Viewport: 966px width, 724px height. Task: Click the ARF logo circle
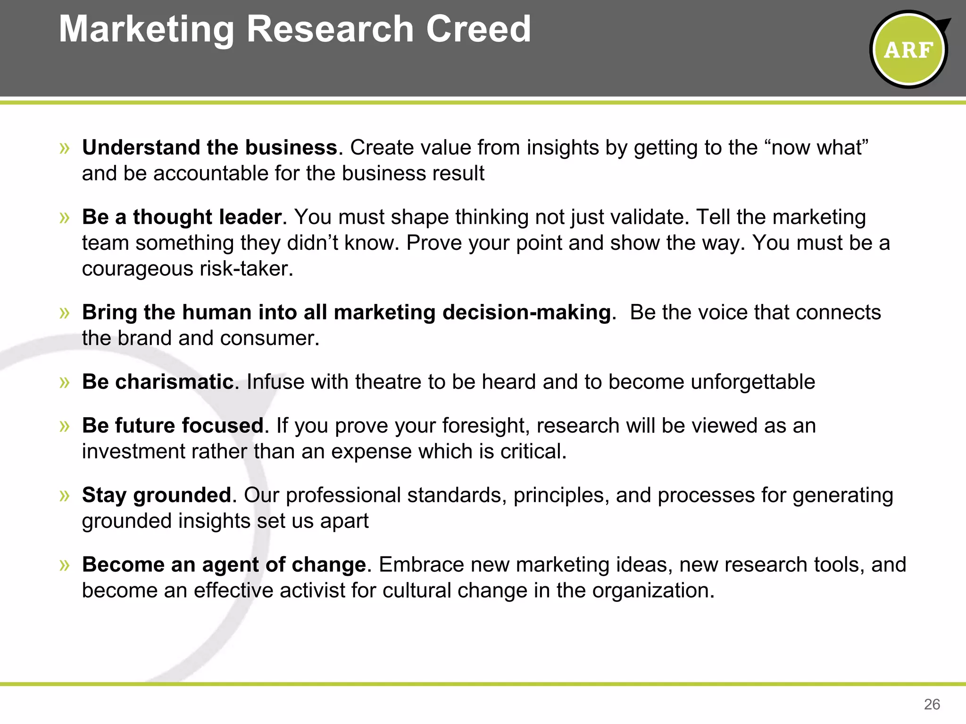pyautogui.click(x=908, y=49)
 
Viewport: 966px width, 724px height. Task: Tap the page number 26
pyautogui.click(x=932, y=704)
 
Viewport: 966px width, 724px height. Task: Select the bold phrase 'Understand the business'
pyautogui.click(x=210, y=148)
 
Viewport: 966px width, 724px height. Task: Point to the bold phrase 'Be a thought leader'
pyautogui.click(x=182, y=217)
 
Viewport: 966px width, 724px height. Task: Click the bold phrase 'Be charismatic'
pyautogui.click(x=158, y=382)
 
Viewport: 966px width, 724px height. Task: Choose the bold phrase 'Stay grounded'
pyautogui.click(x=157, y=495)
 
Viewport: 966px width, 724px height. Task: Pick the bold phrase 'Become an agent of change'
pyautogui.click(x=224, y=565)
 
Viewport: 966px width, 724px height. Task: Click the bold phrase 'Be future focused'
pyautogui.click(x=173, y=426)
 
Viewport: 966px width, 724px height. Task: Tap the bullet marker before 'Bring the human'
pyautogui.click(x=65, y=313)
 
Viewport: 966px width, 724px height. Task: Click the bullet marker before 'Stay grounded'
pyautogui.click(x=65, y=495)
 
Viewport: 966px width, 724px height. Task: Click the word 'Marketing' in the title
pyautogui.click(x=146, y=29)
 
